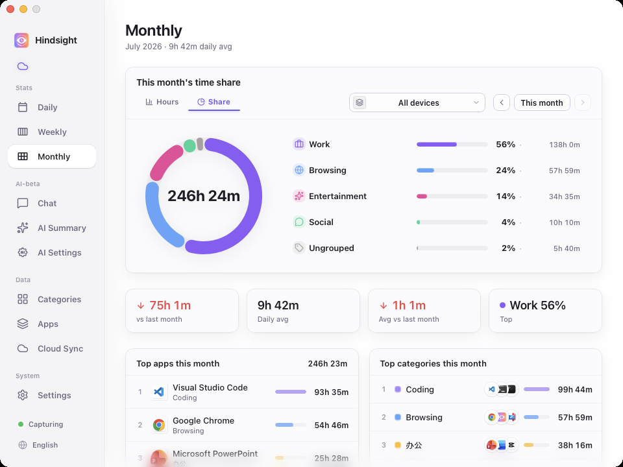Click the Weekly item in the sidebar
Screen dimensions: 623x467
[52, 132]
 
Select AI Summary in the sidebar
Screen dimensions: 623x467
[52, 228]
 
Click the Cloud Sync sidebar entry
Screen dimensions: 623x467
[52, 349]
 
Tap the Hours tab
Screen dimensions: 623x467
[162, 102]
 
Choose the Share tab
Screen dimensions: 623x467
[214, 102]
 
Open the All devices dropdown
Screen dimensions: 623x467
[417, 103]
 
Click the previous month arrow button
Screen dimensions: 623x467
[502, 103]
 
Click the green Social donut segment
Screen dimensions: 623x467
[189, 146]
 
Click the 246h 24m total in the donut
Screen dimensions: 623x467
[204, 196]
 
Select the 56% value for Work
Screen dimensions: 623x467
[506, 145]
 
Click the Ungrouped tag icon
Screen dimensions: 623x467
[299, 248]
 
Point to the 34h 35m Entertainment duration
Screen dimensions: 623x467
[564, 197]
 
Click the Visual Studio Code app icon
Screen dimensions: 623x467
[159, 392]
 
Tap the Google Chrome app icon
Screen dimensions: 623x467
[159, 425]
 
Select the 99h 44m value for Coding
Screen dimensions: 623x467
[575, 390]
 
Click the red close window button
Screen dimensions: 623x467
[11, 9]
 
